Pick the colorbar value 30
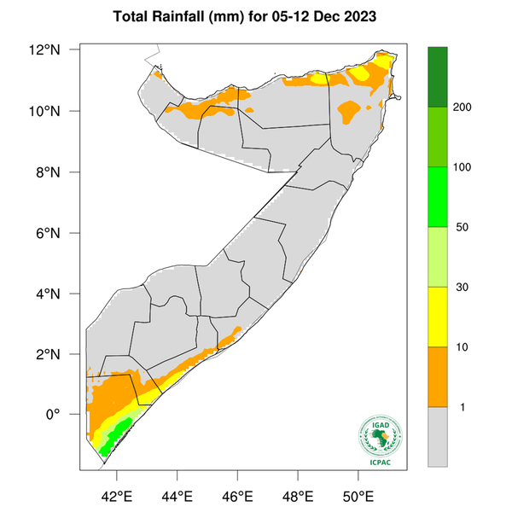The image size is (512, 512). tap(464, 288)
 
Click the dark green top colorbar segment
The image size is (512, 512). tap(439, 77)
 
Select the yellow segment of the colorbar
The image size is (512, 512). tap(439, 317)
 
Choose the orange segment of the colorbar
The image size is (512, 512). tap(439, 376)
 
